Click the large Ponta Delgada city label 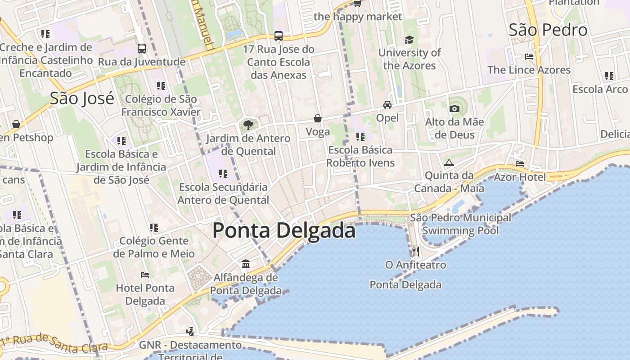[x=284, y=230]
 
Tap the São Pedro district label [x=548, y=30]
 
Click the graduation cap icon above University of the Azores [x=409, y=40]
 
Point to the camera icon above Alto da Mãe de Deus [x=454, y=108]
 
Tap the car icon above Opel [x=387, y=105]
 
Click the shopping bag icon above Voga [x=318, y=118]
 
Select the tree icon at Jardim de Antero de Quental [x=248, y=125]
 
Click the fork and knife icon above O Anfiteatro [x=415, y=251]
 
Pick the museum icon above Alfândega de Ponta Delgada [x=246, y=264]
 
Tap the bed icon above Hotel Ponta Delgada [x=145, y=274]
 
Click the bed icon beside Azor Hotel [x=520, y=163]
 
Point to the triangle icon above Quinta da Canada [x=449, y=162]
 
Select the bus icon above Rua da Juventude [x=142, y=48]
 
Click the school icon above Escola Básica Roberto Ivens [x=360, y=136]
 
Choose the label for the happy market [x=358, y=17]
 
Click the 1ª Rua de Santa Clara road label [x=54, y=343]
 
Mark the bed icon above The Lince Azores [x=529, y=57]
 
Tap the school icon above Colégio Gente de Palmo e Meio [x=154, y=228]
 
